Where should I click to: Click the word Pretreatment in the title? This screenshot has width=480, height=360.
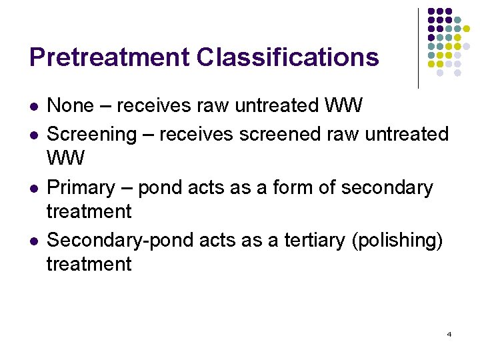coord(109,57)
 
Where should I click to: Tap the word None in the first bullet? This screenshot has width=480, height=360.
coord(71,105)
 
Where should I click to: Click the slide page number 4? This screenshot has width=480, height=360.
coord(449,334)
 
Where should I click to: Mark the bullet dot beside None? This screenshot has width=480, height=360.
coord(33,107)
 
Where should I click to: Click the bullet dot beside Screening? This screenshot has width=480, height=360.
coord(33,135)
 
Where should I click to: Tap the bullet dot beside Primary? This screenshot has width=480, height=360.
coord(33,189)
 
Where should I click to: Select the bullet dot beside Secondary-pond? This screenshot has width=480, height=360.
coord(33,241)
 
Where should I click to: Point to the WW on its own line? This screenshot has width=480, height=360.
coord(66,159)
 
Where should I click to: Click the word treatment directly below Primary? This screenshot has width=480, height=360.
coord(89,212)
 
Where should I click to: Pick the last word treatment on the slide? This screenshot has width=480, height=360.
coord(89,265)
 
